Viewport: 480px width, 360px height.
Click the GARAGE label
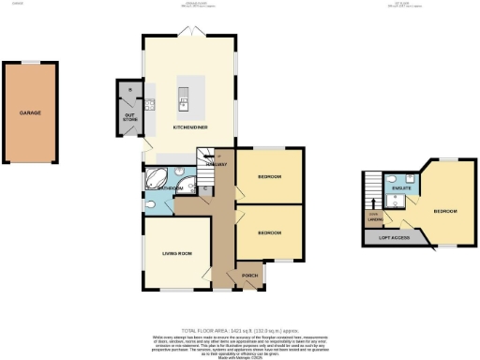pos(31,112)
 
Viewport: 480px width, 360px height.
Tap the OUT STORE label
pos(130,118)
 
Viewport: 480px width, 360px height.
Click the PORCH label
pos(250,276)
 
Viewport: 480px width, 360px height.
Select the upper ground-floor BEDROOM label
pos(270,176)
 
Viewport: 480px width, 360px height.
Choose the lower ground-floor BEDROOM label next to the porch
pos(270,232)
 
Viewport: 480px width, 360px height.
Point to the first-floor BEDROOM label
pos(444,211)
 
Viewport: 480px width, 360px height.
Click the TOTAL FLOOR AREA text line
pos(240,329)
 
